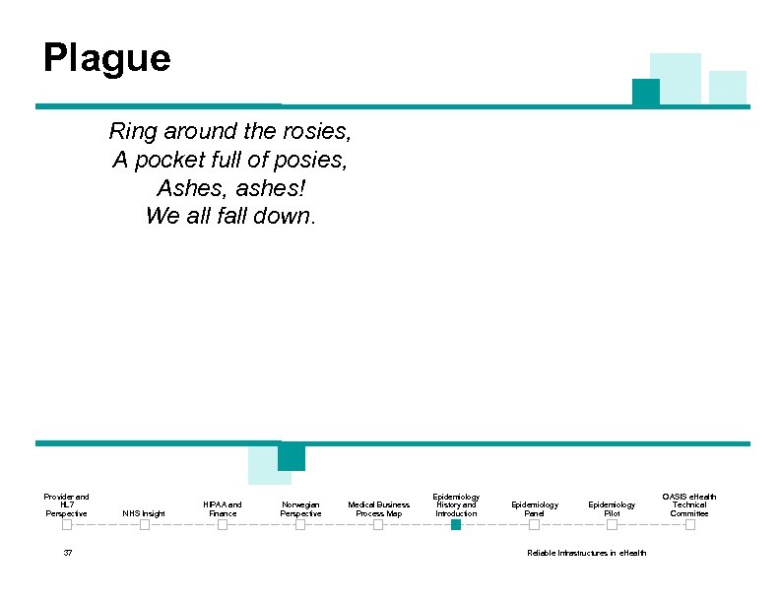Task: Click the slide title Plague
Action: click(x=106, y=59)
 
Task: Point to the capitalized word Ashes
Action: click(x=184, y=187)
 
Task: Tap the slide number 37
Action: click(x=67, y=553)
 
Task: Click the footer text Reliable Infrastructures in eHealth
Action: click(x=587, y=553)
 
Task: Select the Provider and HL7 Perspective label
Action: click(x=66, y=505)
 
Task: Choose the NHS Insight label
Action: click(x=144, y=513)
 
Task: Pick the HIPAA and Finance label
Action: click(x=223, y=509)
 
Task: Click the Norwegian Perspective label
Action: click(x=300, y=509)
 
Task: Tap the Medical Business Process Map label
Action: click(x=378, y=509)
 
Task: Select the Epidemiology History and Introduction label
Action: click(x=456, y=505)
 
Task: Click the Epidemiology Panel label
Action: click(x=534, y=509)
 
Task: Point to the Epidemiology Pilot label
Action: click(x=612, y=509)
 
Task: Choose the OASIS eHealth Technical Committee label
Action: click(x=689, y=505)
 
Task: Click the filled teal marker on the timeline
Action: click(x=456, y=525)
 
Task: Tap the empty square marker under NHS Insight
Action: click(x=144, y=525)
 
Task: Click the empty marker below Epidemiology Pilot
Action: click(x=612, y=525)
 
